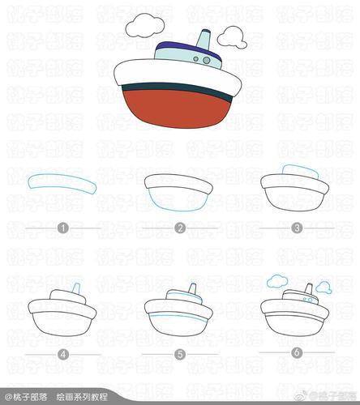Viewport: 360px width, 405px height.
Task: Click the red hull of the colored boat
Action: pos(178,110)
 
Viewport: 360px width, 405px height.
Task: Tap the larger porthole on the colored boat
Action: pos(207,60)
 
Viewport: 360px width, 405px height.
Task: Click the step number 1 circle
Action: pos(63,228)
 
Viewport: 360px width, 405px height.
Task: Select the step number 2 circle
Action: pos(180,228)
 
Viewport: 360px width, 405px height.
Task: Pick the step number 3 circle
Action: pos(297,228)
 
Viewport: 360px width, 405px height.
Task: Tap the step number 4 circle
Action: pos(63,354)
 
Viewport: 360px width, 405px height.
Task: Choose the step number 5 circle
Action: pos(180,354)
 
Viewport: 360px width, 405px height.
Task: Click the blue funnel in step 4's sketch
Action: pos(75,290)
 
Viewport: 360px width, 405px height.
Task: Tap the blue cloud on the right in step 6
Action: pos(324,286)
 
